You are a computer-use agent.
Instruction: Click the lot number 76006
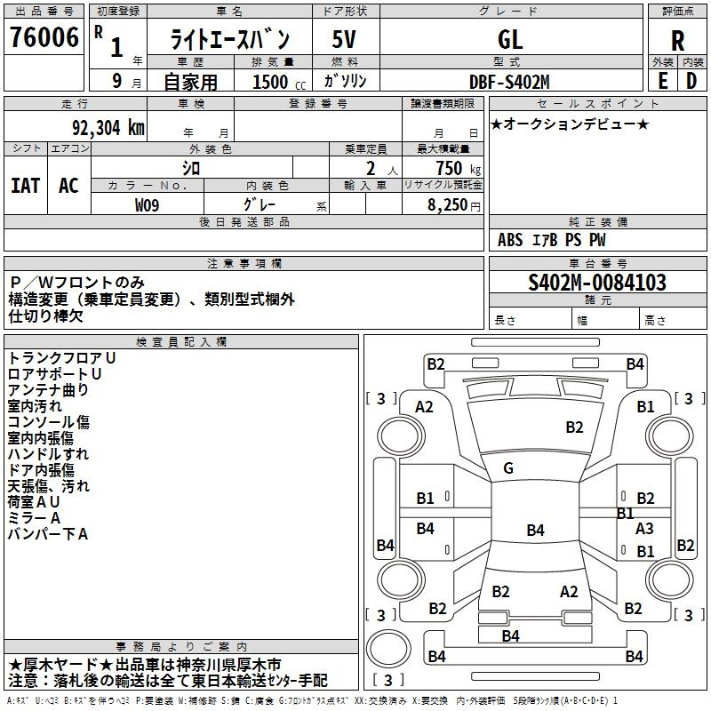click(44, 37)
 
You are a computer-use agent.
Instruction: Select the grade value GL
click(510, 39)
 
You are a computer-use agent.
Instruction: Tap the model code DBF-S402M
click(509, 82)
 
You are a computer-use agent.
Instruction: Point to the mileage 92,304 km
click(108, 128)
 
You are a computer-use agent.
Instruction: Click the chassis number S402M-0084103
click(597, 283)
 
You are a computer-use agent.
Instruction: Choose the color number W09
click(147, 205)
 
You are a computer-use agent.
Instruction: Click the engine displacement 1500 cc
click(279, 82)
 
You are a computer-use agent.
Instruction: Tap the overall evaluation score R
click(677, 41)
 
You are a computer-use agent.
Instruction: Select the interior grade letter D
click(691, 81)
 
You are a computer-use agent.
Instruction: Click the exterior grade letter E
click(663, 81)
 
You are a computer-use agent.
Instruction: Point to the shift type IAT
click(26, 186)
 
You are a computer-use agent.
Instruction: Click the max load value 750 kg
click(458, 169)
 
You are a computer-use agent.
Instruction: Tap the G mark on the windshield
click(508, 468)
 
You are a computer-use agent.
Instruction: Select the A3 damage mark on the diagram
click(644, 528)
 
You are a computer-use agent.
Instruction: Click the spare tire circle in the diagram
click(388, 649)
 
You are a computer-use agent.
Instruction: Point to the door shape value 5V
click(344, 39)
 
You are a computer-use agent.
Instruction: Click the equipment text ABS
click(510, 240)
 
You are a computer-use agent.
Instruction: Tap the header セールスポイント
click(597, 104)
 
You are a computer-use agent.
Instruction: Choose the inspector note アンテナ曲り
click(48, 390)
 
